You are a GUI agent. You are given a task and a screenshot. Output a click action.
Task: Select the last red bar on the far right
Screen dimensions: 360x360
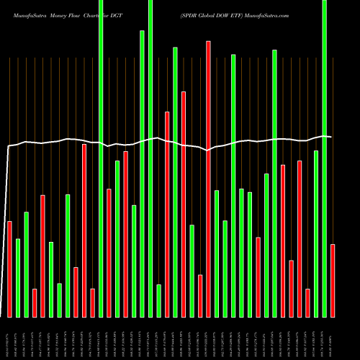click(x=333, y=280)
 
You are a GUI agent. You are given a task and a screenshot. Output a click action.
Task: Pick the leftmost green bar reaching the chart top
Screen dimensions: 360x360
click(x=101, y=158)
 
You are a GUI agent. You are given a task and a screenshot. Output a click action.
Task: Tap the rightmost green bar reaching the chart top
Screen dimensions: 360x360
click(x=325, y=158)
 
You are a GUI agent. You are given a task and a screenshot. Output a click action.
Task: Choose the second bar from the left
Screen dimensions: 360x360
click(x=18, y=277)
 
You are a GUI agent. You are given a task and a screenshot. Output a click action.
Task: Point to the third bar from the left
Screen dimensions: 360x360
click(x=27, y=264)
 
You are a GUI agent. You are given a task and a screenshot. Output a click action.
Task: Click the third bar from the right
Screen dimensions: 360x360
click(x=316, y=233)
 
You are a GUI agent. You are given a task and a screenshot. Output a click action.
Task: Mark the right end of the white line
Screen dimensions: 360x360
click(x=331, y=137)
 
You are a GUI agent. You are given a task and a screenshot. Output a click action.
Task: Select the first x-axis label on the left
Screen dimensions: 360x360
click(x=9, y=337)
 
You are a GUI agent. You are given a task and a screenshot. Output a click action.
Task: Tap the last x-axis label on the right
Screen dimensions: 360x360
click(x=333, y=337)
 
